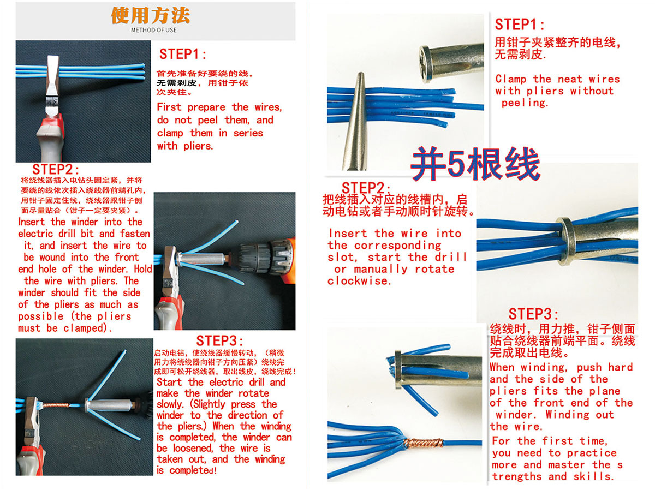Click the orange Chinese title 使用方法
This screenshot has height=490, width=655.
(x=150, y=15)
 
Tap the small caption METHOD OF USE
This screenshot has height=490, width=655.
(x=153, y=30)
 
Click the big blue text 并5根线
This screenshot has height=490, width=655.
(x=475, y=164)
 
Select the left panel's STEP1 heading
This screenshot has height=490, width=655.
(x=183, y=54)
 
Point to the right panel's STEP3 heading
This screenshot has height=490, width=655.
(x=533, y=314)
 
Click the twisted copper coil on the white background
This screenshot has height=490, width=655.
(x=423, y=443)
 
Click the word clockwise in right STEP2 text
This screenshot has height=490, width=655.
(x=359, y=281)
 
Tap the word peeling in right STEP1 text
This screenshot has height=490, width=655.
(x=525, y=103)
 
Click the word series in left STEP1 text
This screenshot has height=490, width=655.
(x=248, y=133)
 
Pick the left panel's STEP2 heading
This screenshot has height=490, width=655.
(x=56, y=169)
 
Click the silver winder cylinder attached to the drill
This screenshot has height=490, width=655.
(x=203, y=259)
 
